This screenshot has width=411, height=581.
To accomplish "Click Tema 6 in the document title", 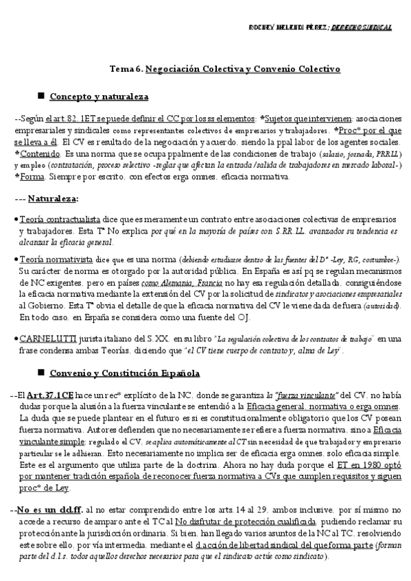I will pos(126,69).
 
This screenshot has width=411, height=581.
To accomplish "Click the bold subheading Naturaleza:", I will pos(53,199).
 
